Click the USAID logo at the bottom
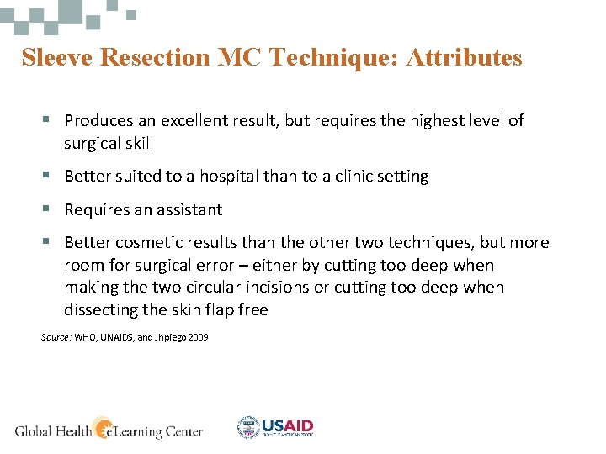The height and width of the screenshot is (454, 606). [275, 427]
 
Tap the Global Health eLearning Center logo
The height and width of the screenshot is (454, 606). [109, 429]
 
